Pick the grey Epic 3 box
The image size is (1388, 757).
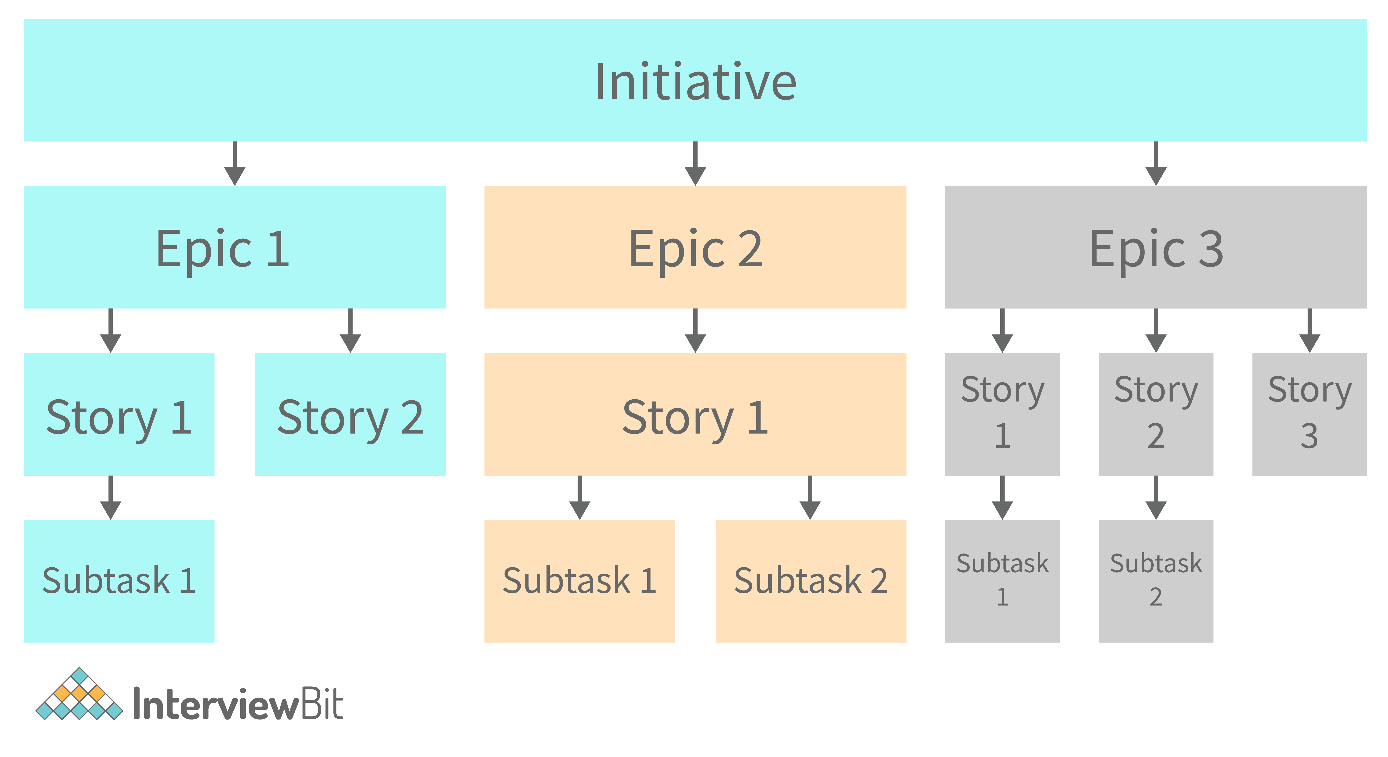coord(1156,247)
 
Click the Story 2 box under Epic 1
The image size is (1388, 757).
coord(350,414)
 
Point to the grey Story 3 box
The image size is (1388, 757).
coord(1309,414)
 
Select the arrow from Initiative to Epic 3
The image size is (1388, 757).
coord(1156,164)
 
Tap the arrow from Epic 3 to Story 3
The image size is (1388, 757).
coord(1309,331)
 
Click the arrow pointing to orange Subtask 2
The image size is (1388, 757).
coord(810,498)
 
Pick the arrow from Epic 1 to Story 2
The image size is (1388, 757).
coord(350,331)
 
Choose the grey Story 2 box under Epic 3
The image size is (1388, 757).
coord(1156,414)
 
